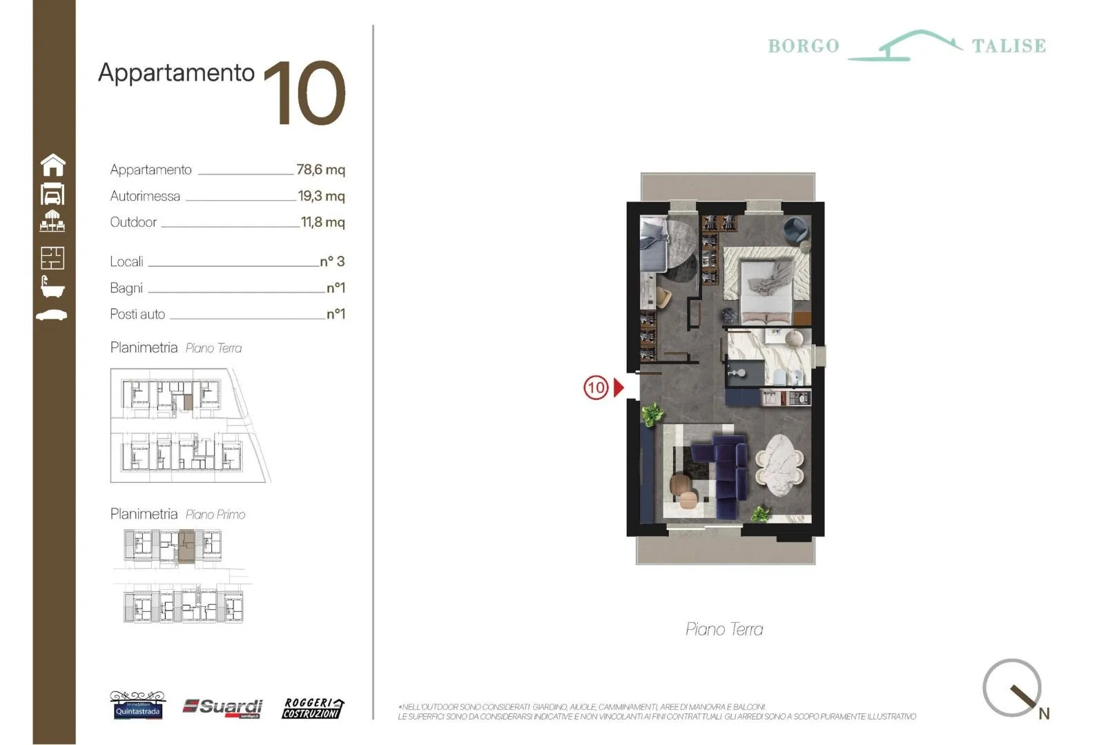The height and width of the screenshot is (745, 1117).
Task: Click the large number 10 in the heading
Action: click(304, 93)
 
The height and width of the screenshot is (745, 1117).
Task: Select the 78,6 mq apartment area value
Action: click(320, 170)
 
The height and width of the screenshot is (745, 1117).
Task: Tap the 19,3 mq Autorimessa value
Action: click(321, 196)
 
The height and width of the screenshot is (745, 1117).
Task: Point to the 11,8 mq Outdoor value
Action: click(322, 222)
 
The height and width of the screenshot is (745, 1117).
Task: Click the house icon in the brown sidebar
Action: click(53, 165)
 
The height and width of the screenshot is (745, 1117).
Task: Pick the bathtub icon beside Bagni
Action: click(52, 286)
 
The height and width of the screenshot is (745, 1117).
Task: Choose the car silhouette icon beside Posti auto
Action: click(52, 315)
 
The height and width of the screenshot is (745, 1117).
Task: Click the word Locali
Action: click(126, 262)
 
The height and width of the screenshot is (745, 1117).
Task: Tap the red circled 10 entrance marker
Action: click(595, 388)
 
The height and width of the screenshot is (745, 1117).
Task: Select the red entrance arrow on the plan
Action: click(619, 388)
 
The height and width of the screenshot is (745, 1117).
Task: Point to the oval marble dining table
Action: click(779, 465)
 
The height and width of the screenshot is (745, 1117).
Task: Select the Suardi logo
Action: click(223, 707)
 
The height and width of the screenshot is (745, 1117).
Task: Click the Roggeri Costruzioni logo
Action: click(313, 708)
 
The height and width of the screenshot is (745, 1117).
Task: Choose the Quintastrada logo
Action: click(137, 707)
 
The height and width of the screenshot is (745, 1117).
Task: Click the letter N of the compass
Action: click(1044, 714)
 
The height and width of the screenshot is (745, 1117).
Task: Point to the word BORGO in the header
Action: click(804, 46)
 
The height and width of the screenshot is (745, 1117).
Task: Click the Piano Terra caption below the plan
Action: click(724, 629)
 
